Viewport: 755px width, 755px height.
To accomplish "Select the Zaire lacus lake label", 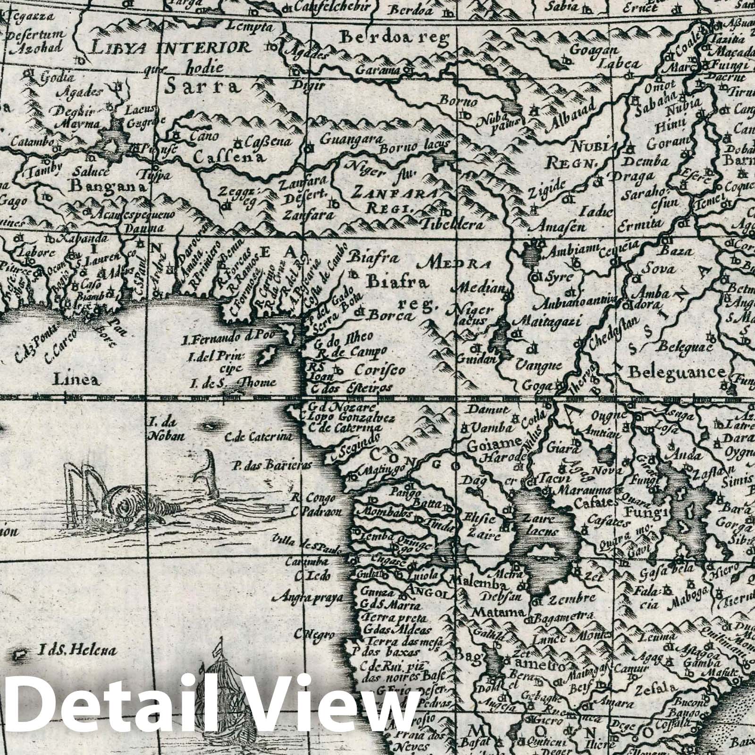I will pyautogui.click(x=539, y=525).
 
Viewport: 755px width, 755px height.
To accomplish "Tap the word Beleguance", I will pyautogui.click(x=676, y=372).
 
